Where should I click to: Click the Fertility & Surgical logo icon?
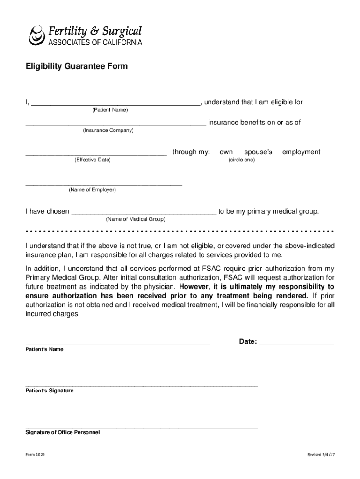click(36, 35)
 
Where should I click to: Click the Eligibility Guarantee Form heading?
click(76, 66)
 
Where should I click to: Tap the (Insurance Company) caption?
click(108, 131)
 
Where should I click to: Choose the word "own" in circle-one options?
click(226, 152)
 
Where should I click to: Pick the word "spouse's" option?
click(258, 152)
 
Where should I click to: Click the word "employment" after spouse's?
click(301, 152)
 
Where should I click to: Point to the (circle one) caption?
click(242, 160)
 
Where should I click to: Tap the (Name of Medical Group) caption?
click(135, 219)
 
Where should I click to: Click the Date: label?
click(248, 342)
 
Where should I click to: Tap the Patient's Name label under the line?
click(44, 349)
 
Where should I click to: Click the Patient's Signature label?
click(49, 391)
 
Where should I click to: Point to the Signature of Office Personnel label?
click(62, 433)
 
